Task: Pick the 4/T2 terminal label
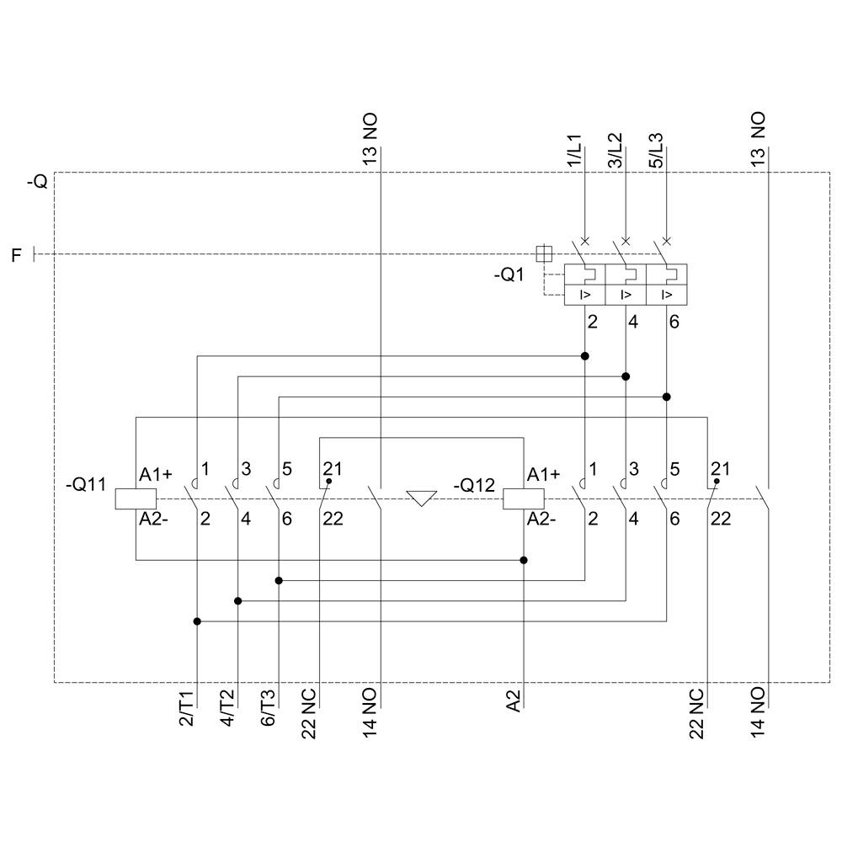pyautogui.click(x=228, y=710)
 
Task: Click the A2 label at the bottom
pyautogui.click(x=515, y=701)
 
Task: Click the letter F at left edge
pyautogui.click(x=16, y=254)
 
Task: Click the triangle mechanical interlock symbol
pyautogui.click(x=420, y=498)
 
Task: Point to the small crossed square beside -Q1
pyautogui.click(x=544, y=252)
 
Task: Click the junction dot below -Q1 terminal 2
pyautogui.click(x=585, y=356)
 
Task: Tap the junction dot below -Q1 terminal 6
pyautogui.click(x=667, y=397)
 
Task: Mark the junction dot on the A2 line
pyautogui.click(x=524, y=560)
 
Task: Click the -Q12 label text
pyautogui.click(x=475, y=485)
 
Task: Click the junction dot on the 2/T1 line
pyautogui.click(x=197, y=621)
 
